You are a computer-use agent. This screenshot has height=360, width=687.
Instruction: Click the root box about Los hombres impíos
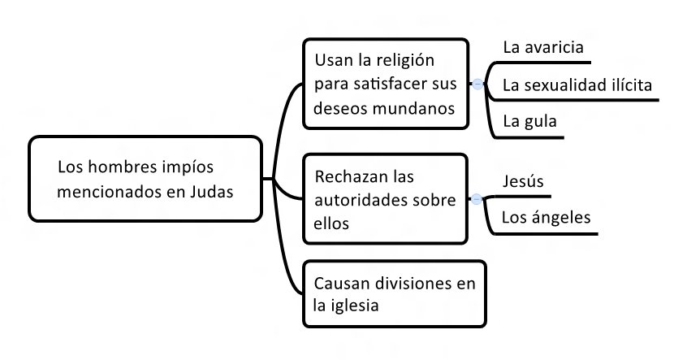tap(145, 180)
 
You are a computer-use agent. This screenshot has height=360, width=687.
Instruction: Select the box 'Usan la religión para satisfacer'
tap(386, 84)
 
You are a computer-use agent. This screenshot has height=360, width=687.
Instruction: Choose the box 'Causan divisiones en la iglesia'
tap(394, 294)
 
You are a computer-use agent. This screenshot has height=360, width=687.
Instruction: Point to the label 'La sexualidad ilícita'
tap(577, 85)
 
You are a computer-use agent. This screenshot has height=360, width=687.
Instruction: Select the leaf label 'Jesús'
tap(523, 181)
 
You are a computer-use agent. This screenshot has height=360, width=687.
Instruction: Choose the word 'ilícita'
tap(629, 85)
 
